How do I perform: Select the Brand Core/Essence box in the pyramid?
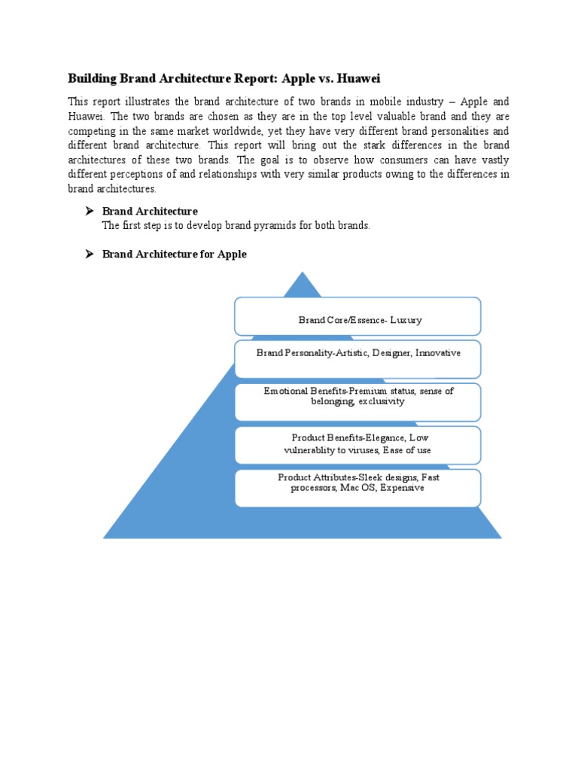[357, 316]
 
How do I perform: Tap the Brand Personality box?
[357, 359]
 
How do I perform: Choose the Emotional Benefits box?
[357, 402]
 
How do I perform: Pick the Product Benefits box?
[357, 445]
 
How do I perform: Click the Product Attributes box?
[357, 488]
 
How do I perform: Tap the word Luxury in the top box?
[406, 320]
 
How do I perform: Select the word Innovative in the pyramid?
[438, 352]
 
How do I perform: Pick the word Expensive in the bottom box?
[402, 488]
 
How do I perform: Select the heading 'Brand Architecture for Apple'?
[174, 254]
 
